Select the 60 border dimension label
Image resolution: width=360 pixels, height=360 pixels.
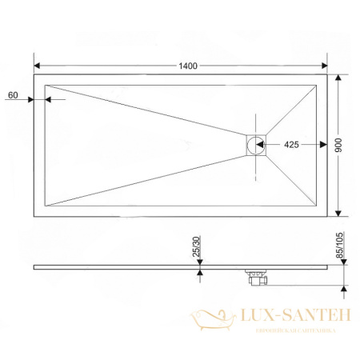pyautogui.click(x=13, y=95)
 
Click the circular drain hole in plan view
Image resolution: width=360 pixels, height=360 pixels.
pyautogui.click(x=256, y=146)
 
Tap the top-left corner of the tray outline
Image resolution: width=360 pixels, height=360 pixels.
pyautogui.click(x=34, y=75)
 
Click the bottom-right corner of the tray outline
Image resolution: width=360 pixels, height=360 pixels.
pyautogui.click(x=326, y=216)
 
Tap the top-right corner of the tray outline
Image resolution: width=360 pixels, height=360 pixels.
pyautogui.click(x=326, y=75)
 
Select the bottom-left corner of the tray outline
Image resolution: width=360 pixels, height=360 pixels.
pyautogui.click(x=34, y=216)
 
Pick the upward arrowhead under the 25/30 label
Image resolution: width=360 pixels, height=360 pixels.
pyautogui.click(x=198, y=273)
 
